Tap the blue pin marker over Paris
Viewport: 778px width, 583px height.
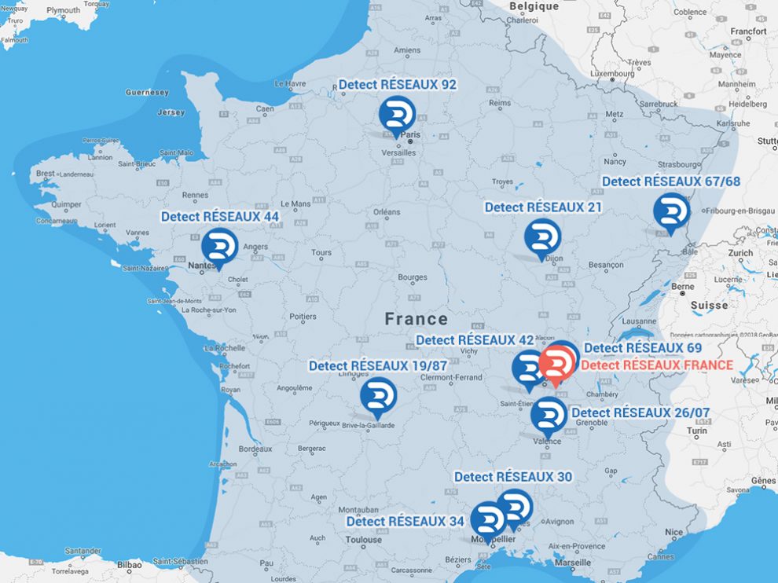tap(397, 115)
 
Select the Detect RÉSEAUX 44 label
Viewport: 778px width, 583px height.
tap(220, 216)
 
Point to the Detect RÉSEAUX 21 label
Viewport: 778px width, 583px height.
tap(543, 207)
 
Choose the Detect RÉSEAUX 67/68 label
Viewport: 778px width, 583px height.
tap(670, 181)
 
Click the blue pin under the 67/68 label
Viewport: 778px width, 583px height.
tap(672, 211)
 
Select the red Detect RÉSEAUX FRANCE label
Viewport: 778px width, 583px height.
tap(656, 365)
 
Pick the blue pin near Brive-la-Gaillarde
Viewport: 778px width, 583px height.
tap(378, 396)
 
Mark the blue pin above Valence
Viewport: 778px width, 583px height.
tap(549, 416)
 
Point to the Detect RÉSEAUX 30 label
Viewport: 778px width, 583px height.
tap(512, 477)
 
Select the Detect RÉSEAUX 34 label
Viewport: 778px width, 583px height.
tap(405, 521)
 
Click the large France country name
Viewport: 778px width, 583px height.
tap(416, 319)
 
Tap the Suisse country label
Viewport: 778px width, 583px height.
tap(710, 305)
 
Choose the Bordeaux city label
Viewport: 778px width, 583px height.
tap(255, 449)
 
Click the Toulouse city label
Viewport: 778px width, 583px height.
tap(363, 540)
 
